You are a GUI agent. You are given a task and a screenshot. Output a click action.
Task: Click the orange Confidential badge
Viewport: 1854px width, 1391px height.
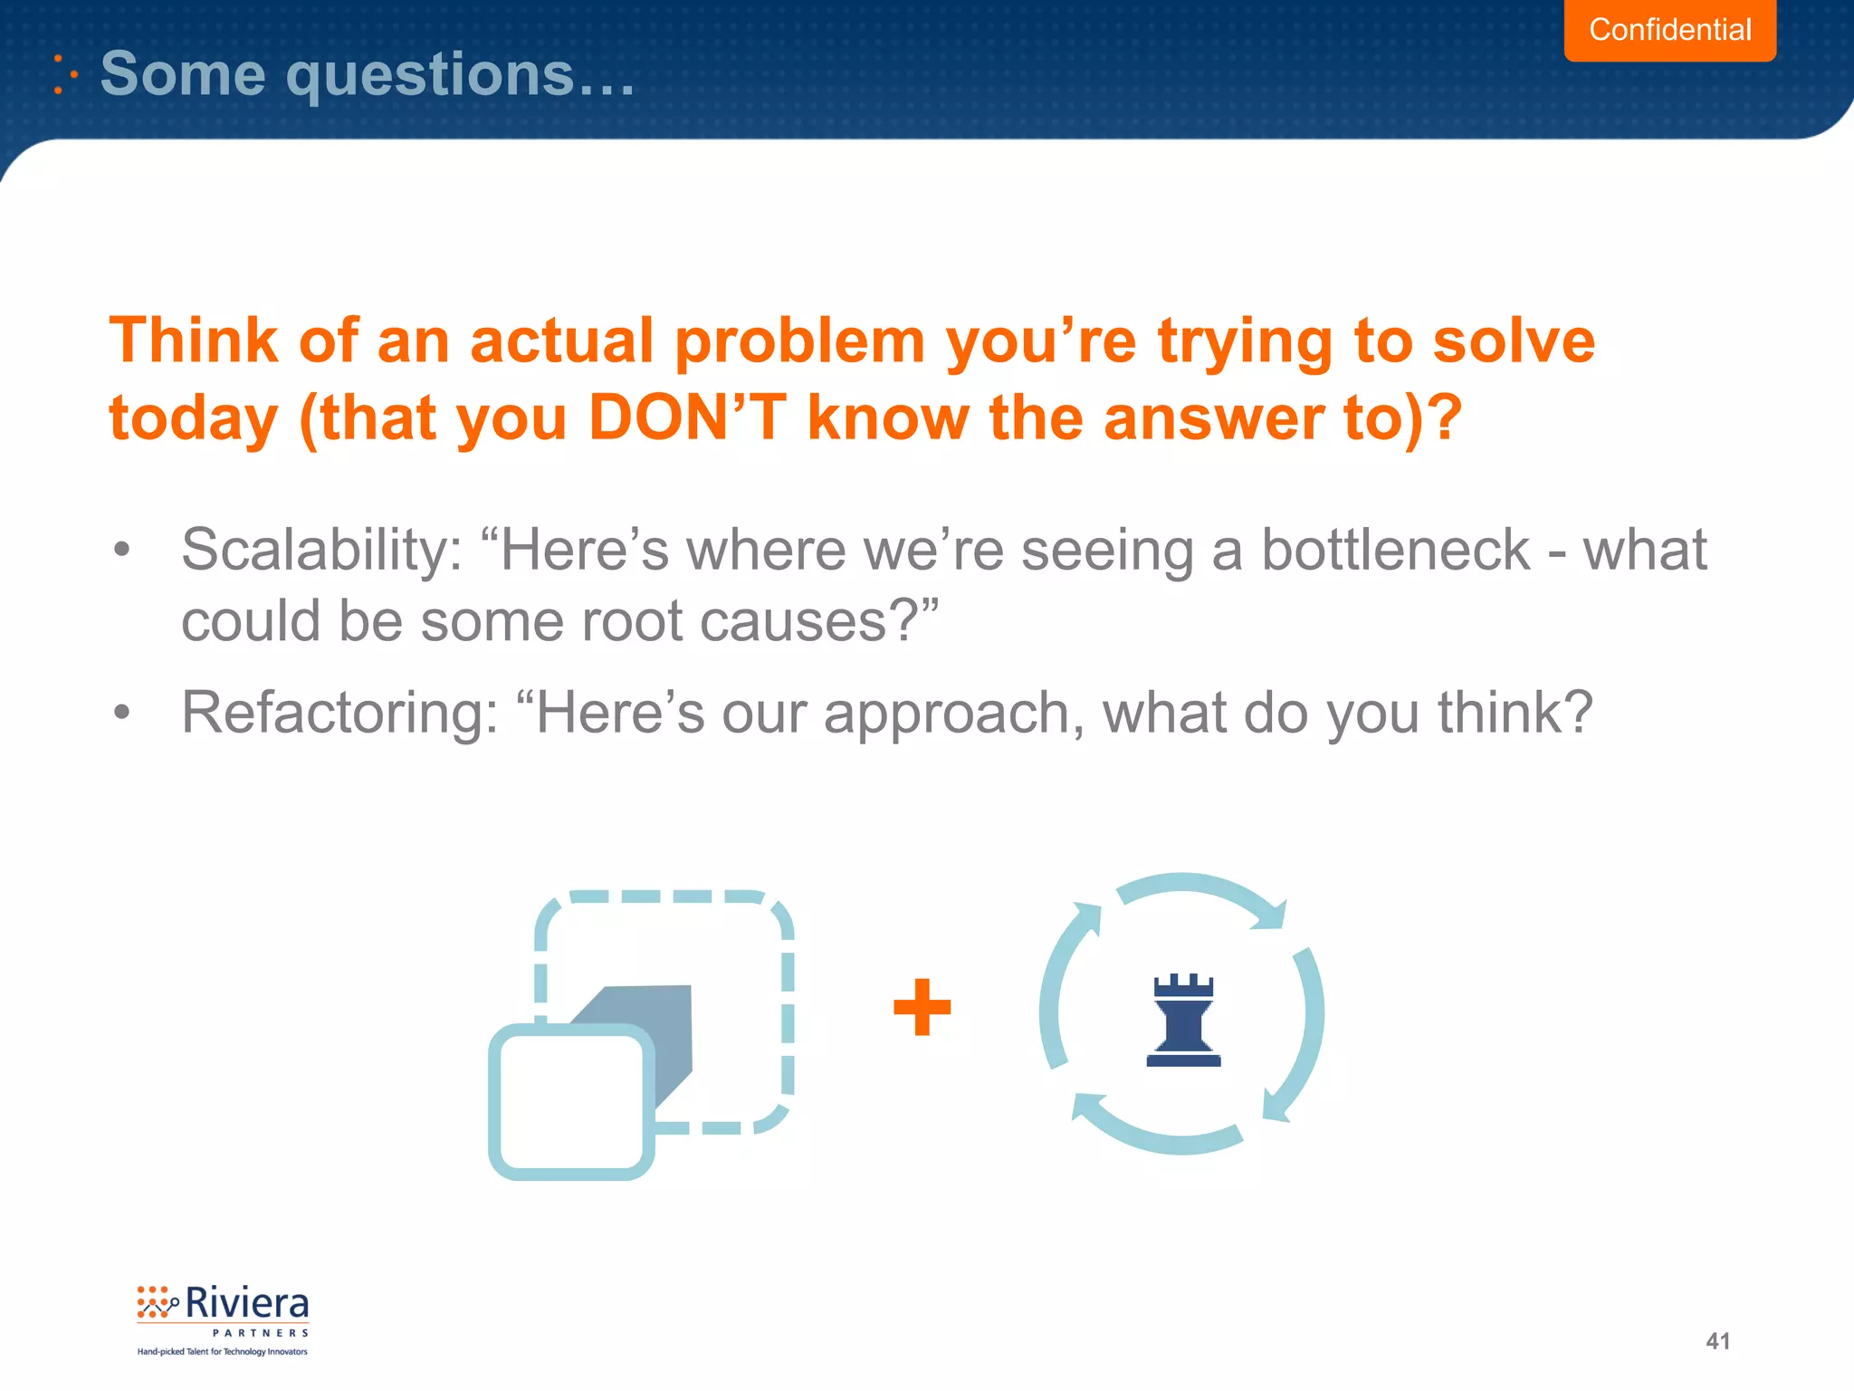click(1669, 30)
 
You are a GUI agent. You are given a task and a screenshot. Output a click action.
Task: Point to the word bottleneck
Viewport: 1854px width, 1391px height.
click(1395, 550)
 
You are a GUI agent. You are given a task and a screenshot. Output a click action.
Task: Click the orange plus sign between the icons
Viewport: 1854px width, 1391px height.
click(922, 1007)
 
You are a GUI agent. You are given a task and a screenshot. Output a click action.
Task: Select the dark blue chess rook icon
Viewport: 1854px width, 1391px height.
click(1183, 1021)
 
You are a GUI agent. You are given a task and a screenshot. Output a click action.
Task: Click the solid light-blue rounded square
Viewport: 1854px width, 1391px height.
click(571, 1102)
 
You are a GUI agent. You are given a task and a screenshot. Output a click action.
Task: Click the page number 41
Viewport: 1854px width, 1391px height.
click(1717, 1341)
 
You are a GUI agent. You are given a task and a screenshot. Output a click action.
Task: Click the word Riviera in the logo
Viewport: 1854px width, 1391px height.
click(247, 1304)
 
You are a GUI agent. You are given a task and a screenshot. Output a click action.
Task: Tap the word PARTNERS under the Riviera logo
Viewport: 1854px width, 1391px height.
click(261, 1333)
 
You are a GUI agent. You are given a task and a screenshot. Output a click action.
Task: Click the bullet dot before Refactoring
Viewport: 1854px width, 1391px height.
click(122, 713)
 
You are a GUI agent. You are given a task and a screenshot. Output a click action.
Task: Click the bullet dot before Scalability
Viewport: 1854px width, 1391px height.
click(122, 550)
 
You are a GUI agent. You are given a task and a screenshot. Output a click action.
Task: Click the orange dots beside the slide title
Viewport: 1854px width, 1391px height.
click(63, 74)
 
